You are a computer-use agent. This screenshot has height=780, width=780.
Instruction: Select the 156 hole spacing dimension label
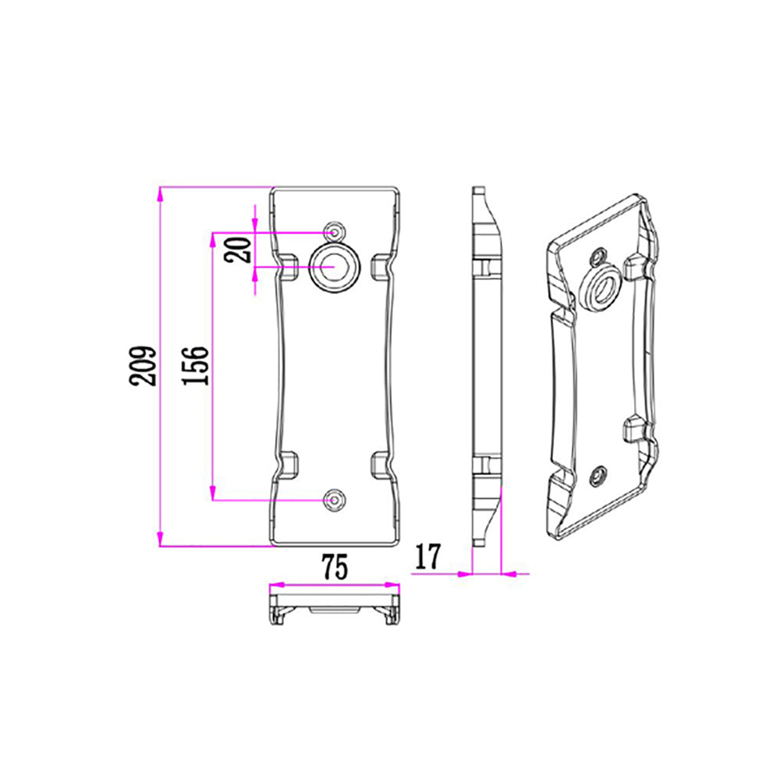(x=197, y=365)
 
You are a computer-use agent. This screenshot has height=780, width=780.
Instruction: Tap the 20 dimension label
(x=241, y=250)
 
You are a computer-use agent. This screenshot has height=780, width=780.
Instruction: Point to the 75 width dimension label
(x=333, y=567)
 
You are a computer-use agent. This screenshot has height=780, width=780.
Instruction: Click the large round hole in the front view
(x=335, y=268)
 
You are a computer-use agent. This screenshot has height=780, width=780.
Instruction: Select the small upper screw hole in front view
(x=335, y=232)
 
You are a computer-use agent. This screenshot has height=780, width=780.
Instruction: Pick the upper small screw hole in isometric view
(x=598, y=257)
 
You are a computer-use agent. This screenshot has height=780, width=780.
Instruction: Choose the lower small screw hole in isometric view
(x=599, y=474)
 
